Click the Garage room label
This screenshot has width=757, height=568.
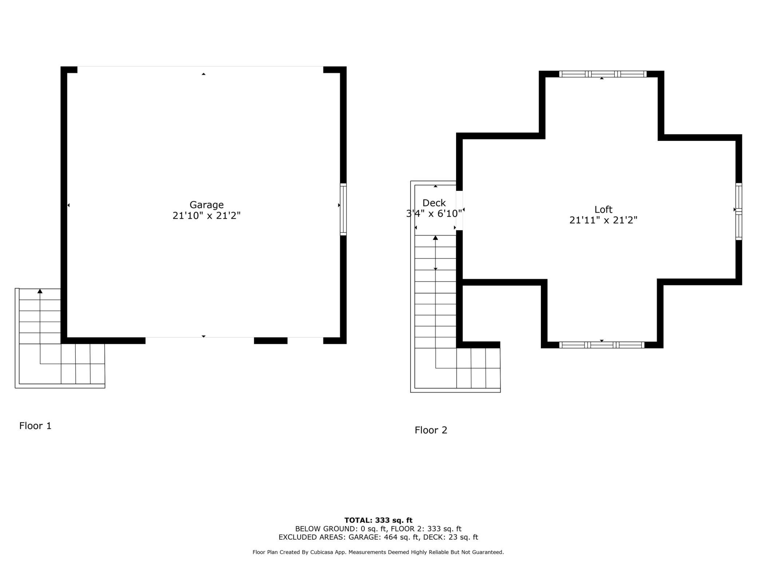point(206,205)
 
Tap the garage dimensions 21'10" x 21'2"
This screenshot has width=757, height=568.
point(206,216)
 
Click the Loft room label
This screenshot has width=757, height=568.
point(603,209)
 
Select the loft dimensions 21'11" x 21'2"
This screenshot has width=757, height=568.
point(603,220)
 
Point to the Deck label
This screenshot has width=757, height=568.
point(434,203)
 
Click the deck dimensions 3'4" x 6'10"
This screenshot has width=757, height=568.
point(434,213)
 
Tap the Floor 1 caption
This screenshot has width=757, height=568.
point(35,426)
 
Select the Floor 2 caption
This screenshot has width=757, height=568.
point(431,430)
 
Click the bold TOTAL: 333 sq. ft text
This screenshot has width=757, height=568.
point(378,520)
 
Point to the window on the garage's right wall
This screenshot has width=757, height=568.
point(343,209)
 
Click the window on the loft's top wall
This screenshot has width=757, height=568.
point(602,74)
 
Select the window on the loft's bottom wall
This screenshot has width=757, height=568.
point(601,345)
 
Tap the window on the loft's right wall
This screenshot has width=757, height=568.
point(738,212)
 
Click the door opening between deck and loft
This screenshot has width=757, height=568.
point(459,210)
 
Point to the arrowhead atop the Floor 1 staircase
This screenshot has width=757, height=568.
point(40,291)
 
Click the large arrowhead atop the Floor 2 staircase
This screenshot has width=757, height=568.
point(435,238)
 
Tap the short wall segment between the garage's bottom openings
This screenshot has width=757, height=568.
point(270,340)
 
